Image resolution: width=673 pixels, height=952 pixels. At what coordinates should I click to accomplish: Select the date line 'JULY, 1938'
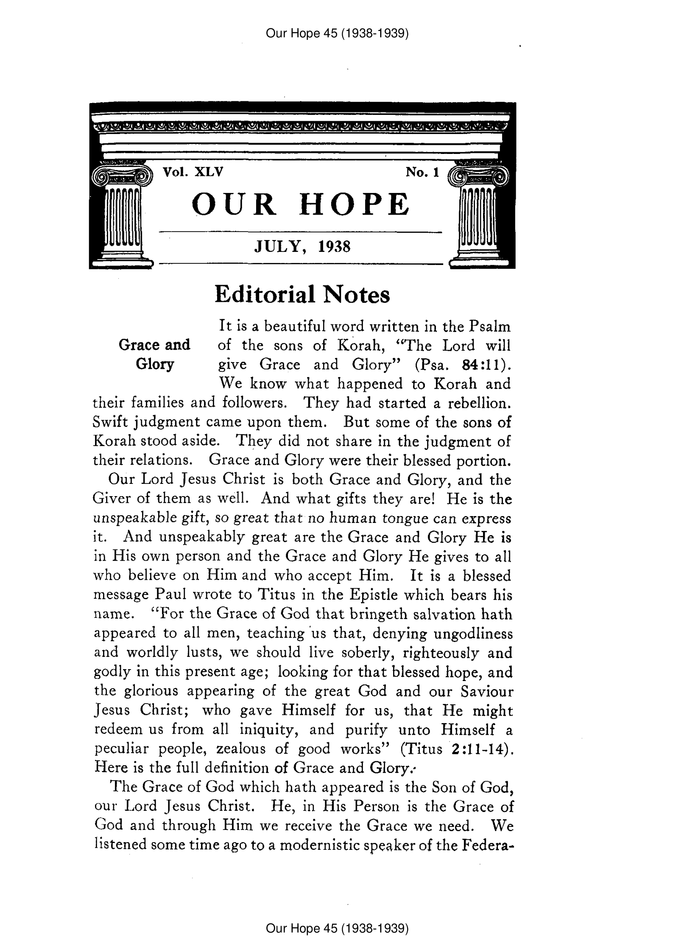302,246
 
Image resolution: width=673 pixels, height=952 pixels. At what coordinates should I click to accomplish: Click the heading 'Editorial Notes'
302,294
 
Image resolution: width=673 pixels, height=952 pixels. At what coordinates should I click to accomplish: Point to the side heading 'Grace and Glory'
154,355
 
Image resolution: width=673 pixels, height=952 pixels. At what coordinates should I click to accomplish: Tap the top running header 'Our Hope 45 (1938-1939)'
337,33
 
